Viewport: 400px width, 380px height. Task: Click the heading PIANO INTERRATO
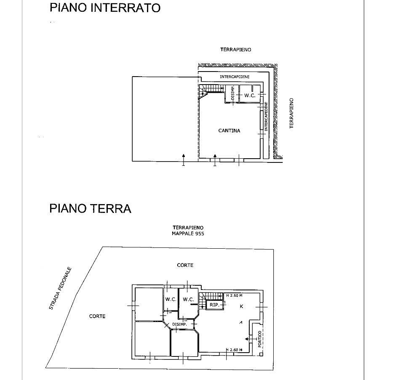(x=105, y=8)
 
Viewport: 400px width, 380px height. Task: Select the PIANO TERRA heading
(x=90, y=208)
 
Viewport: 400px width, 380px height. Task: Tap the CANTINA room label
(x=229, y=131)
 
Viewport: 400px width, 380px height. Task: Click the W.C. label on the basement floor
(x=250, y=96)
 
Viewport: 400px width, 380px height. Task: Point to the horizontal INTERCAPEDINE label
(x=235, y=77)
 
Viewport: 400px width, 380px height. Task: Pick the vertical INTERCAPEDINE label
(x=266, y=117)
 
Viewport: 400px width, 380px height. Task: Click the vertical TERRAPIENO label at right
(x=291, y=113)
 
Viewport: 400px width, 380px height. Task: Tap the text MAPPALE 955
(x=188, y=234)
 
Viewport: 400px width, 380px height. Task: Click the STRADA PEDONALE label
(x=61, y=289)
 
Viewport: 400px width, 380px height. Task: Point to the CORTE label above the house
(x=185, y=265)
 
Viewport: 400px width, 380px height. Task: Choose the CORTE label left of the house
(x=97, y=316)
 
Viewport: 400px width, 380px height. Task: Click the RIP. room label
(x=214, y=305)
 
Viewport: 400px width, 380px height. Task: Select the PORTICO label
(x=260, y=339)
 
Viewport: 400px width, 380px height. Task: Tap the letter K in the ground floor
(x=241, y=306)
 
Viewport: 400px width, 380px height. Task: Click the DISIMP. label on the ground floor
(x=179, y=324)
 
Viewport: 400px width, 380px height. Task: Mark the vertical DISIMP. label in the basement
(x=232, y=94)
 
